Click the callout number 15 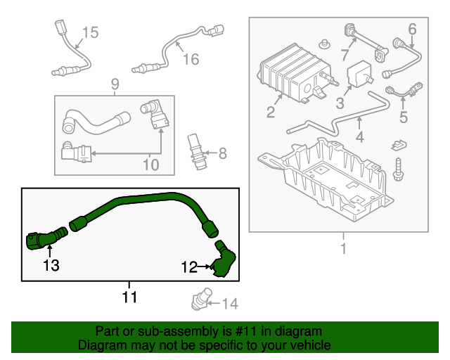pyautogui.click(x=91, y=32)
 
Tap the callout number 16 pyautogui.click(x=191, y=59)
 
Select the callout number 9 pyautogui.click(x=115, y=85)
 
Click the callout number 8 pyautogui.click(x=222, y=153)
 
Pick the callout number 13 pyautogui.click(x=51, y=265)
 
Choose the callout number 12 pyautogui.click(x=189, y=266)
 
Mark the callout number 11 pyautogui.click(x=129, y=297)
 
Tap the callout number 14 pyautogui.click(x=231, y=304)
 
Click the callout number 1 pyautogui.click(x=343, y=248)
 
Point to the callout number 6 pyautogui.click(x=412, y=29)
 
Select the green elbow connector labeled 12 pyautogui.click(x=224, y=259)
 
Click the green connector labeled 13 pyautogui.click(x=39, y=241)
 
